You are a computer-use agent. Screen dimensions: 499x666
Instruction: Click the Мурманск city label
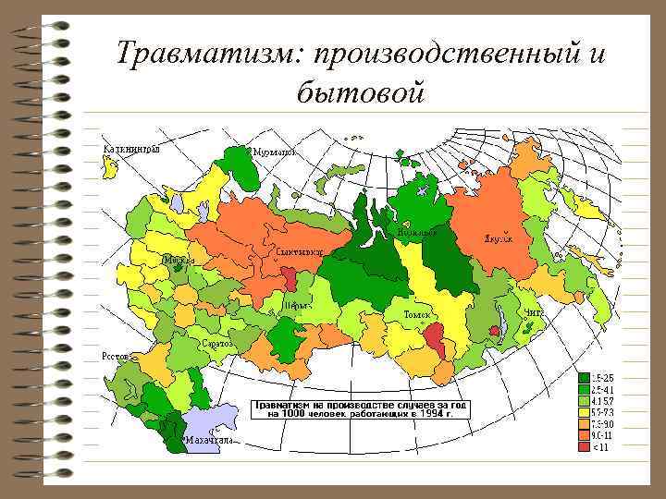(x=275, y=152)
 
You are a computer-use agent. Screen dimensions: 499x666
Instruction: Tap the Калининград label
(x=131, y=148)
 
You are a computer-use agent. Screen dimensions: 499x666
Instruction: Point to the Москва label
(x=178, y=261)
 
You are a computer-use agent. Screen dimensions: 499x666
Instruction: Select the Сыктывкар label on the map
(x=299, y=251)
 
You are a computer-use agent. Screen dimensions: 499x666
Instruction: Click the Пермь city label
(x=297, y=304)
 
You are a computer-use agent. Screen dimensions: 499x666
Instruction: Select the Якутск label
(x=498, y=237)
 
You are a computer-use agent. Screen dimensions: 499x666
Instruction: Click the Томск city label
(x=417, y=315)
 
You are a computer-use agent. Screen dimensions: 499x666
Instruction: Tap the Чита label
(x=534, y=314)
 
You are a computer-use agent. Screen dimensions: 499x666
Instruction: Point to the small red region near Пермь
(x=290, y=278)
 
